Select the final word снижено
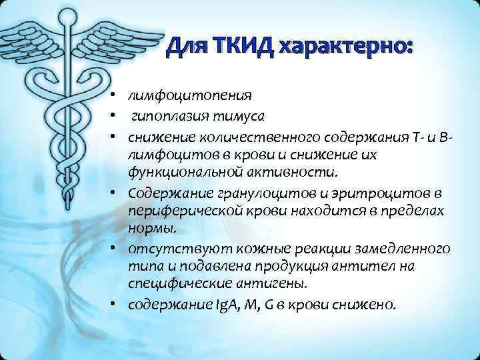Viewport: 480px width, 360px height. pyautogui.click(x=373, y=305)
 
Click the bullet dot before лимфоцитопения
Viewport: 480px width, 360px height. pyautogui.click(x=115, y=92)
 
